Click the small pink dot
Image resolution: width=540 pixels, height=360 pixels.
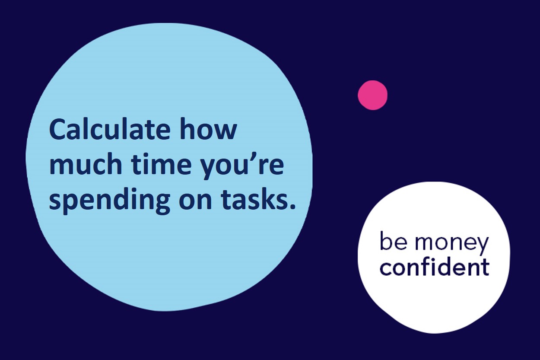372,95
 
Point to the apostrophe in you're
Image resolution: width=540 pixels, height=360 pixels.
261,157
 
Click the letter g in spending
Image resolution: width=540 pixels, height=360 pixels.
162,204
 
